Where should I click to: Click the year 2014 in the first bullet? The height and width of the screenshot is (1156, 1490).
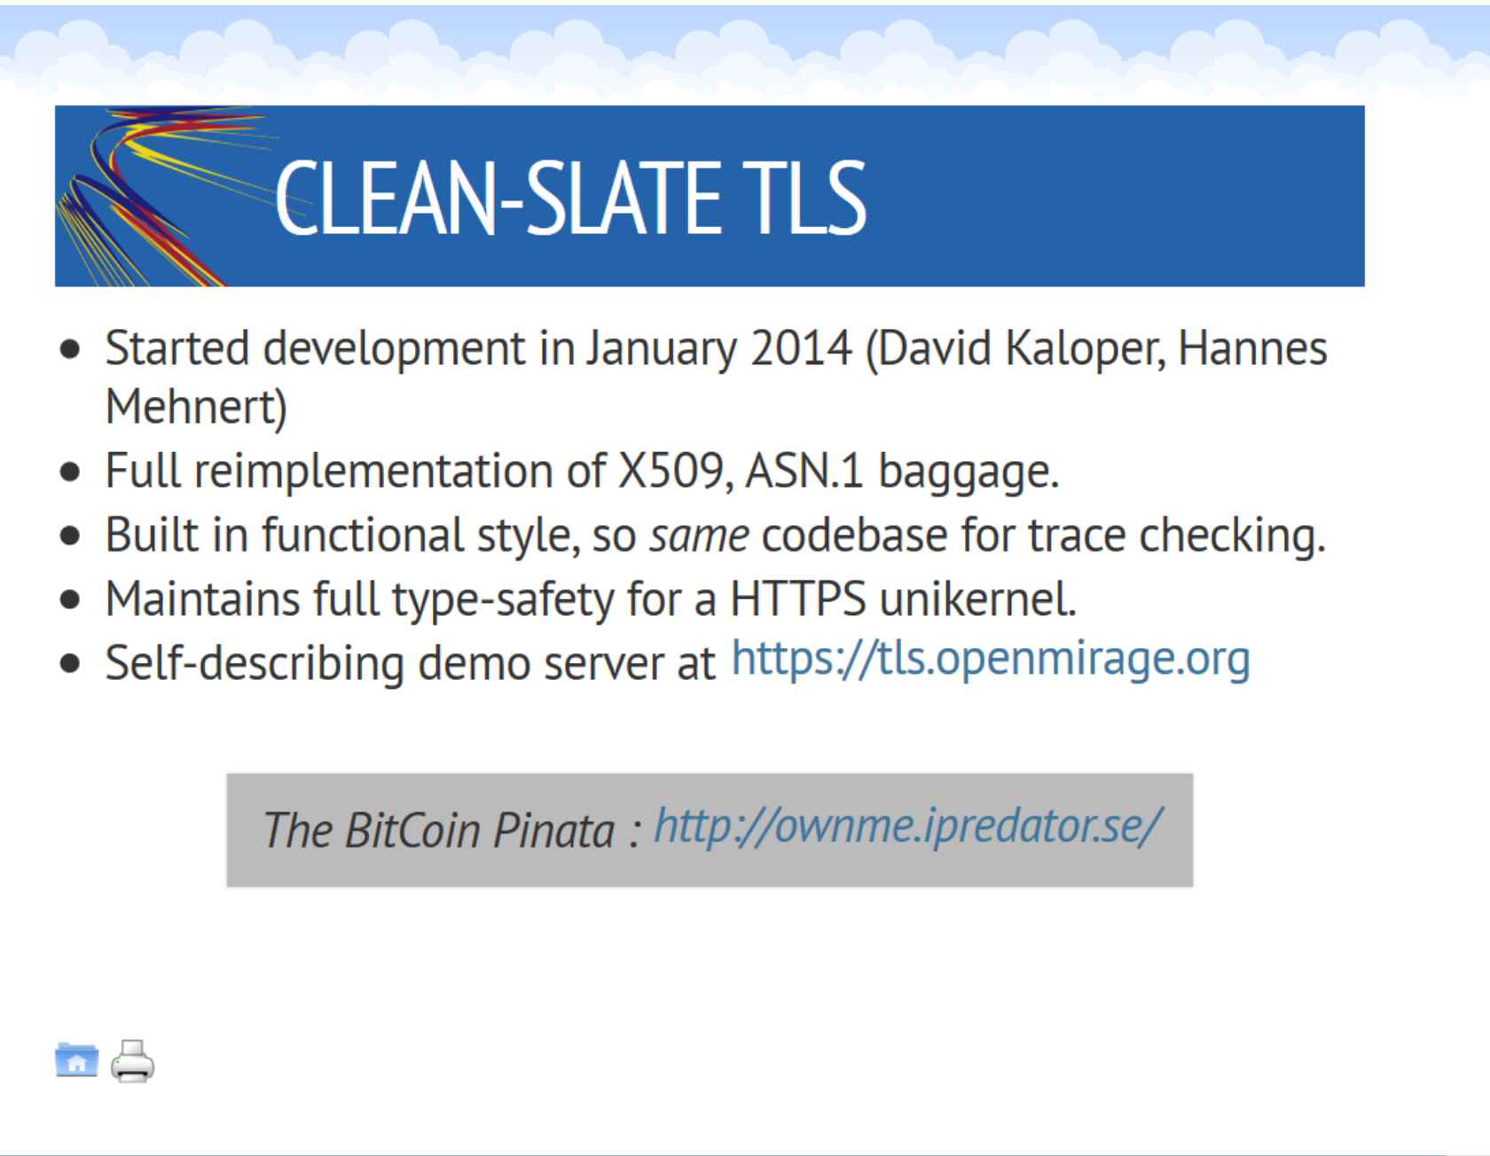pyautogui.click(x=801, y=348)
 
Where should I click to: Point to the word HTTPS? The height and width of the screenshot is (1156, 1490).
pyautogui.click(x=798, y=599)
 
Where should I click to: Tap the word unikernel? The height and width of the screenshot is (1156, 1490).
pyautogui.click(x=978, y=599)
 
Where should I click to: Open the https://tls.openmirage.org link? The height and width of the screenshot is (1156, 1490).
pyautogui.click(x=991, y=660)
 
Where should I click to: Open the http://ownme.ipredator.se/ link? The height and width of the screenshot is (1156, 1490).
pyautogui.click(x=907, y=827)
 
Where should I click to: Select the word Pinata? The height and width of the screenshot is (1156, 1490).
pyautogui.click(x=553, y=831)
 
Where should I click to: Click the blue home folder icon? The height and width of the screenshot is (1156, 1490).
pyautogui.click(x=77, y=1059)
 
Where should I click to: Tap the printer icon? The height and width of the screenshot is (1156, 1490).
pyautogui.click(x=132, y=1060)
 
